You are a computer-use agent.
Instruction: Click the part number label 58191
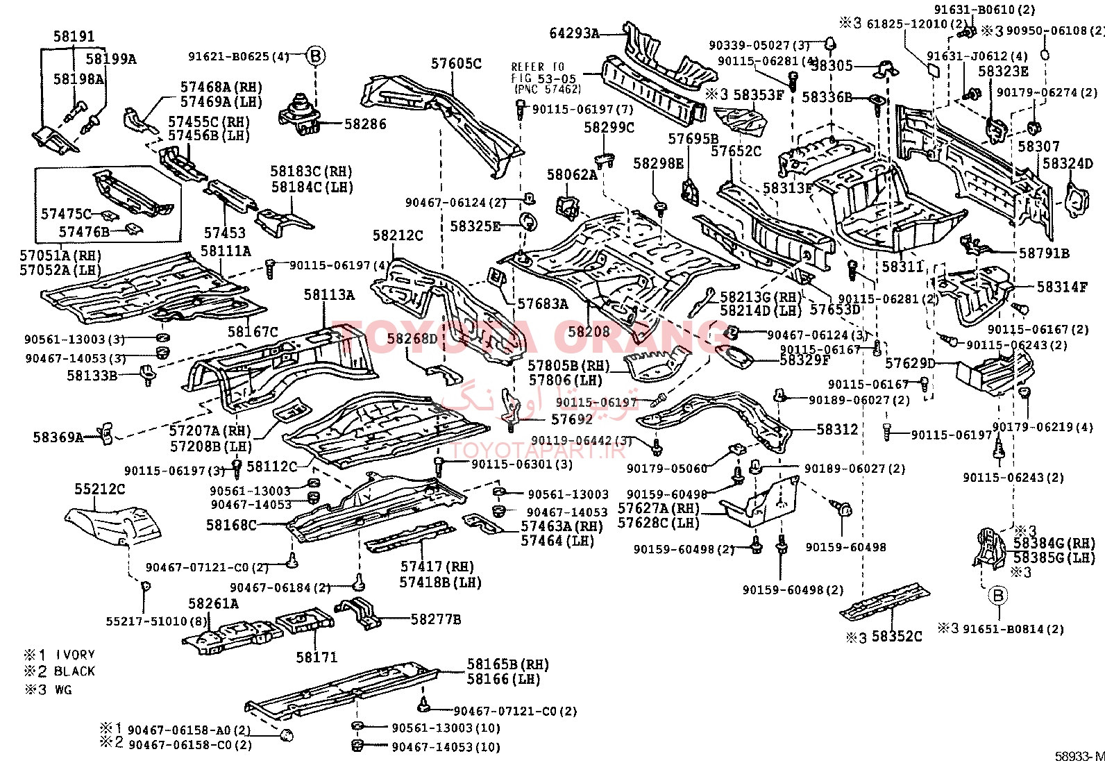74,36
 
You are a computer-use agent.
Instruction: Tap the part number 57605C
456,63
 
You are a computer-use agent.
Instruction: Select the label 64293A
574,33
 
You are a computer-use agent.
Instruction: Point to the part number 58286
365,124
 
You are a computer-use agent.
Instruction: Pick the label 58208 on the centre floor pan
589,331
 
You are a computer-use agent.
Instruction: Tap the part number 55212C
100,489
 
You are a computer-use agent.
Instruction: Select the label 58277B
436,619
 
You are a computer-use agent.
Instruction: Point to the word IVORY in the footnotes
75,654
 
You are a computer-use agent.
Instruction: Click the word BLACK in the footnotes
74,671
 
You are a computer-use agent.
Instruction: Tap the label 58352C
897,637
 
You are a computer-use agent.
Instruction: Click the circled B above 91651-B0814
998,594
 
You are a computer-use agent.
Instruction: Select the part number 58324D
1068,165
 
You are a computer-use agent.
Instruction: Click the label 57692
572,419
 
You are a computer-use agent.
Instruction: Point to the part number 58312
837,430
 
